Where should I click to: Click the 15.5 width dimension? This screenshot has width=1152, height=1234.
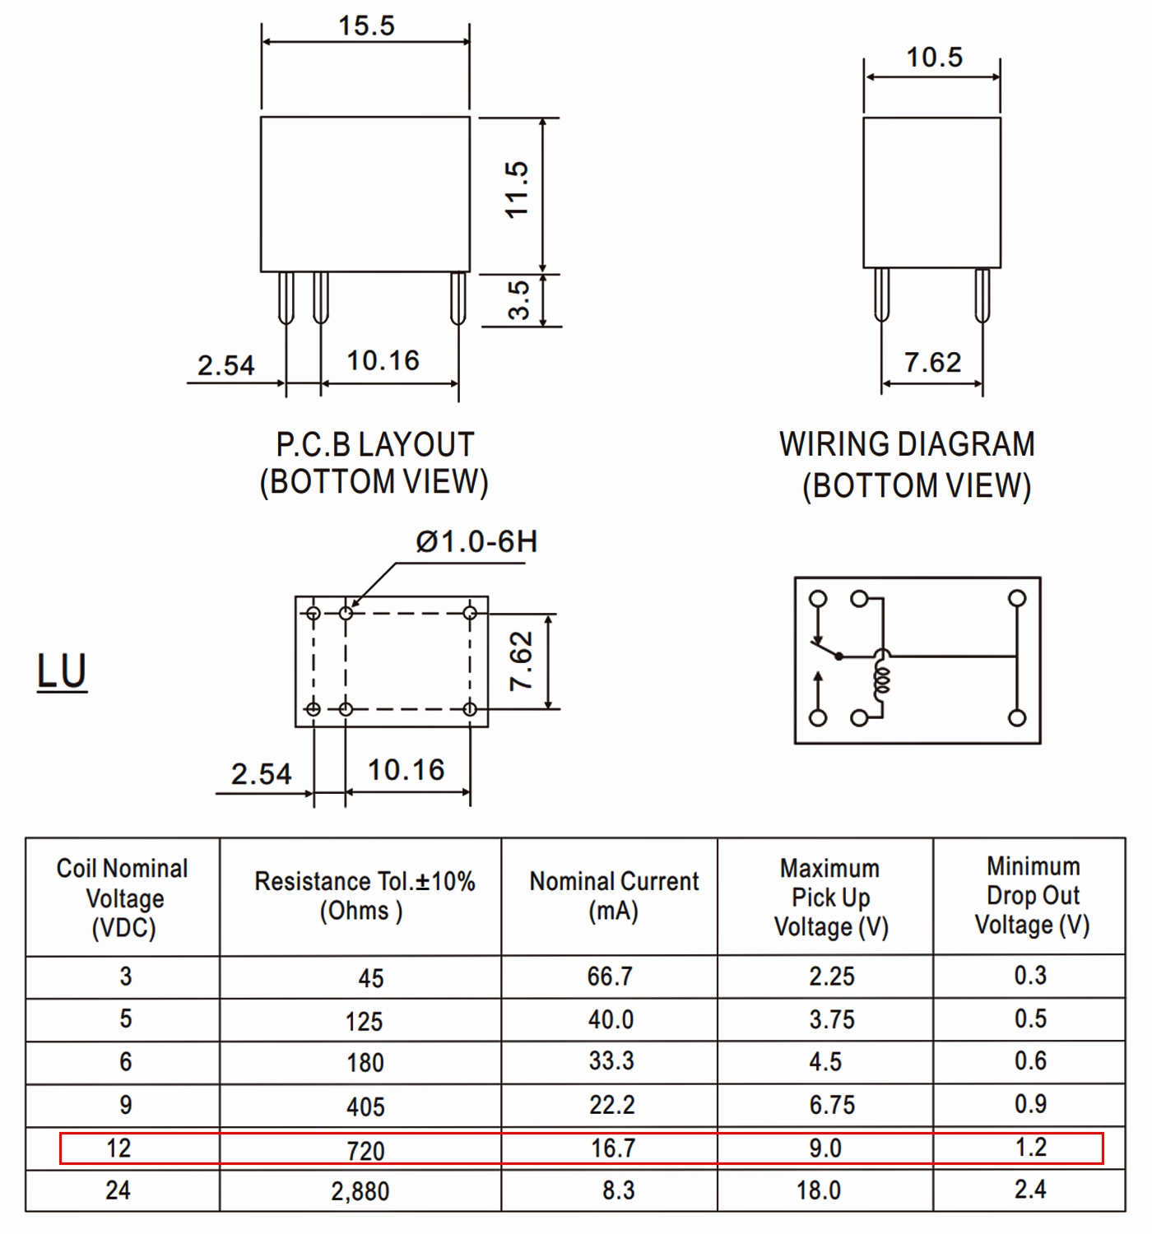[366, 26]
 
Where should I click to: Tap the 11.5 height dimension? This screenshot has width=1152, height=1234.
[518, 189]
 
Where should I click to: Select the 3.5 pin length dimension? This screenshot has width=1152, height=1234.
[519, 300]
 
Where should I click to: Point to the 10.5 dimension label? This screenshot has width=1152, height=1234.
[935, 57]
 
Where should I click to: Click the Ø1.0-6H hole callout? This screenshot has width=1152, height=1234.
[476, 541]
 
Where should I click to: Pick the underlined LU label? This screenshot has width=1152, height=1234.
[62, 671]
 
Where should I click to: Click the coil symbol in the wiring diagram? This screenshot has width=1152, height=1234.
[881, 680]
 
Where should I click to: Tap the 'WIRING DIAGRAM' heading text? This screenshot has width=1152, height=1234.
[907, 444]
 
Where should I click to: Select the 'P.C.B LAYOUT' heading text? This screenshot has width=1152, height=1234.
[375, 444]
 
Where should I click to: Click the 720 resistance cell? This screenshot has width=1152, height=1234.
[365, 1151]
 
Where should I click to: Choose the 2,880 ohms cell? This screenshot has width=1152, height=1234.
[360, 1191]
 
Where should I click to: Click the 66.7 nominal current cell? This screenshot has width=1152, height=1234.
[610, 977]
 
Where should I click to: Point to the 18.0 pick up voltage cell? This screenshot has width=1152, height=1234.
[819, 1190]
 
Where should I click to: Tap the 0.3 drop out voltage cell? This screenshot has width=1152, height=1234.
[1030, 975]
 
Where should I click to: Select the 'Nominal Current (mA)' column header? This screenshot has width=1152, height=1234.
[614, 896]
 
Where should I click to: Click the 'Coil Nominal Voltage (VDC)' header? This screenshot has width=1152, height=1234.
[123, 898]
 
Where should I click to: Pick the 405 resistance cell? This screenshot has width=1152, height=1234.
[365, 1106]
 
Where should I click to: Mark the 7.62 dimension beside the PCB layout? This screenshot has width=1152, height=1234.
[521, 661]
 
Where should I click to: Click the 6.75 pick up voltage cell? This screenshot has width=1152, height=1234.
[832, 1105]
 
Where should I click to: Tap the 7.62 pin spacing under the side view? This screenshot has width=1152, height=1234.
[932, 362]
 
